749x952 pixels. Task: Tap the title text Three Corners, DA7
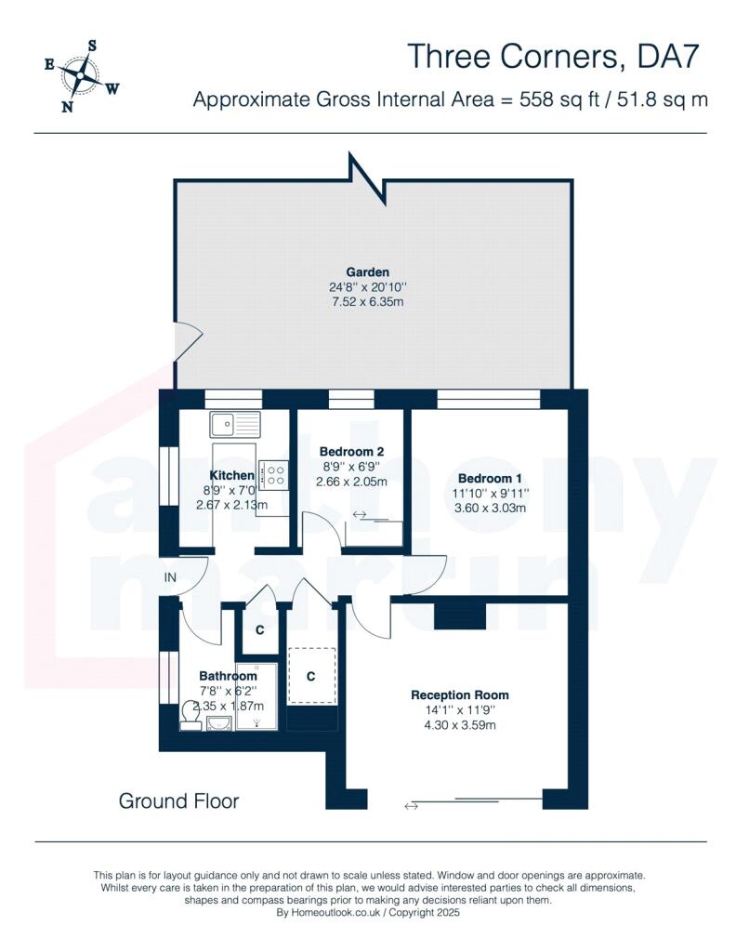pyautogui.click(x=553, y=57)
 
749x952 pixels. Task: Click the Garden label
pyautogui.click(x=367, y=272)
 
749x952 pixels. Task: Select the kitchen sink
pyautogui.click(x=234, y=424)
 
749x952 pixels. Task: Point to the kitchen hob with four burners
pyautogui.click(x=273, y=475)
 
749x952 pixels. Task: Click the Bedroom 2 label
pyautogui.click(x=351, y=452)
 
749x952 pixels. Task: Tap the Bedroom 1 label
pyautogui.click(x=490, y=479)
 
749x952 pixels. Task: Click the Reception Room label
pyautogui.click(x=459, y=695)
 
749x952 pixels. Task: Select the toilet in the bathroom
pyautogui.click(x=191, y=716)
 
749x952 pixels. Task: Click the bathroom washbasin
pyautogui.click(x=218, y=722)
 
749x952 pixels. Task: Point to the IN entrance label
pyautogui.click(x=170, y=577)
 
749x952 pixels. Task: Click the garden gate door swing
pyautogui.click(x=188, y=341)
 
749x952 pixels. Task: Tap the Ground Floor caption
pyautogui.click(x=178, y=800)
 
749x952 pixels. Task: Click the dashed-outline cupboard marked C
pyautogui.click(x=311, y=676)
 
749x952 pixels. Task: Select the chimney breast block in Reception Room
pyautogui.click(x=460, y=615)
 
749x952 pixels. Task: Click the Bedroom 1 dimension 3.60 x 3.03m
pyautogui.click(x=490, y=508)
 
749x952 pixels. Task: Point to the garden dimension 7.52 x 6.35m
pyautogui.click(x=367, y=302)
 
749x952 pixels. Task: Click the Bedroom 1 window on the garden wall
pyautogui.click(x=488, y=399)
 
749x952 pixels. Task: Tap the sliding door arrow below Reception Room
pyautogui.click(x=411, y=806)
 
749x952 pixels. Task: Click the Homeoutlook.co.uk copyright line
pyautogui.click(x=368, y=913)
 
